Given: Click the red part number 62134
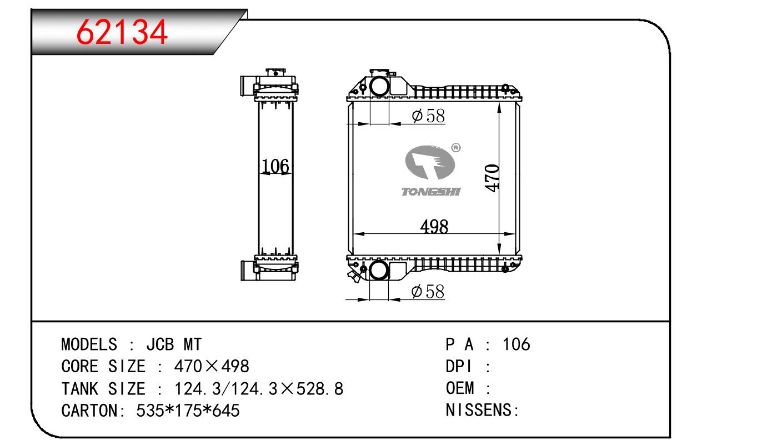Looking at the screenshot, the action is [x=122, y=32].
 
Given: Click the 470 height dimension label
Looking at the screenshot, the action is [x=492, y=178].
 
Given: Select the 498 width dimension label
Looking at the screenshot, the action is [x=434, y=227].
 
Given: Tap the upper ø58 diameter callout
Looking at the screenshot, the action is [x=428, y=116].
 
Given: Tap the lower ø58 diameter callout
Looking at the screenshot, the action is [x=428, y=291].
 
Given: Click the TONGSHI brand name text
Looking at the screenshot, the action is [x=431, y=192].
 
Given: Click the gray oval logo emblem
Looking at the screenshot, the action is [x=430, y=162].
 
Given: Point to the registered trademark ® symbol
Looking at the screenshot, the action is [x=456, y=148].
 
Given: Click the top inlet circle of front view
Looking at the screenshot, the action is [x=379, y=86].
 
